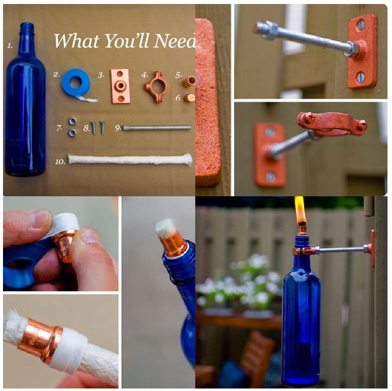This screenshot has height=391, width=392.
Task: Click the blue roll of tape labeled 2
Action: [76, 83]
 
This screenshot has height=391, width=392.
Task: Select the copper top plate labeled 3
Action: [120, 86]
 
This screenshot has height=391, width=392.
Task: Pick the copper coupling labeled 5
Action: [188, 81]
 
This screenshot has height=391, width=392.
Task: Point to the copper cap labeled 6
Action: [189, 98]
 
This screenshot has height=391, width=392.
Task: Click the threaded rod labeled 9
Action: [157, 128]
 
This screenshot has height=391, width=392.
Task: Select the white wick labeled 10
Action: [130, 160]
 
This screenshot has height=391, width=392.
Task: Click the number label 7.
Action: [59, 128]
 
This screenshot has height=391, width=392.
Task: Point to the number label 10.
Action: [60, 161]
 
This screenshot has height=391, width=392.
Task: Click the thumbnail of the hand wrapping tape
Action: [61, 243]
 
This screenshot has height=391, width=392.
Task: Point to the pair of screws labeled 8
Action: [98, 128]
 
